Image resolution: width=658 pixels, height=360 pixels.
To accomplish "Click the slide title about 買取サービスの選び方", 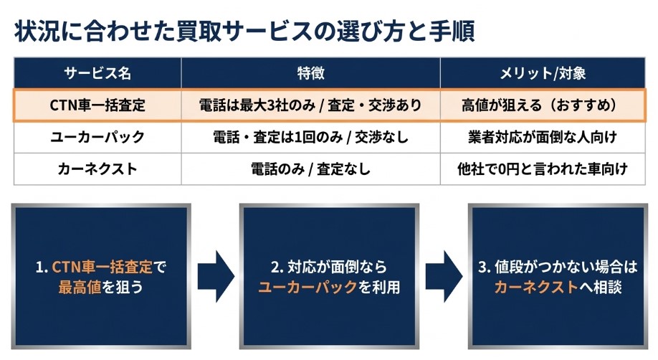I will click(244, 32).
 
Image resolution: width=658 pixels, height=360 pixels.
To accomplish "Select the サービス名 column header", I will click(97, 73).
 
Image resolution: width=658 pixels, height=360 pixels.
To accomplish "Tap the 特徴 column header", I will click(310, 73).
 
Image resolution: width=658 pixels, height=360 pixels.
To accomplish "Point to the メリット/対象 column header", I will click(543, 73).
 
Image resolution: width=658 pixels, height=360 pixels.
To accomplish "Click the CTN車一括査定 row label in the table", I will click(97, 105).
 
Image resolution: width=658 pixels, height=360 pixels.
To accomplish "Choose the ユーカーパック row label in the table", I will click(97, 137).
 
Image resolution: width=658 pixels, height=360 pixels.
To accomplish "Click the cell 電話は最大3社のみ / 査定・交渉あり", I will click(310, 105).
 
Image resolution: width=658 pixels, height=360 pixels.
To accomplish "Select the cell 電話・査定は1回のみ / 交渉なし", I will click(310, 137).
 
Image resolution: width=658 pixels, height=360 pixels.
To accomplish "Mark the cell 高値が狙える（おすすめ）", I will click(543, 105).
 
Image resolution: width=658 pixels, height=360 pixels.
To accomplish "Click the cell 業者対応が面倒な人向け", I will click(543, 137).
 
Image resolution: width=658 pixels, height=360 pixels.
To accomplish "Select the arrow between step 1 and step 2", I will click(216, 276).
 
